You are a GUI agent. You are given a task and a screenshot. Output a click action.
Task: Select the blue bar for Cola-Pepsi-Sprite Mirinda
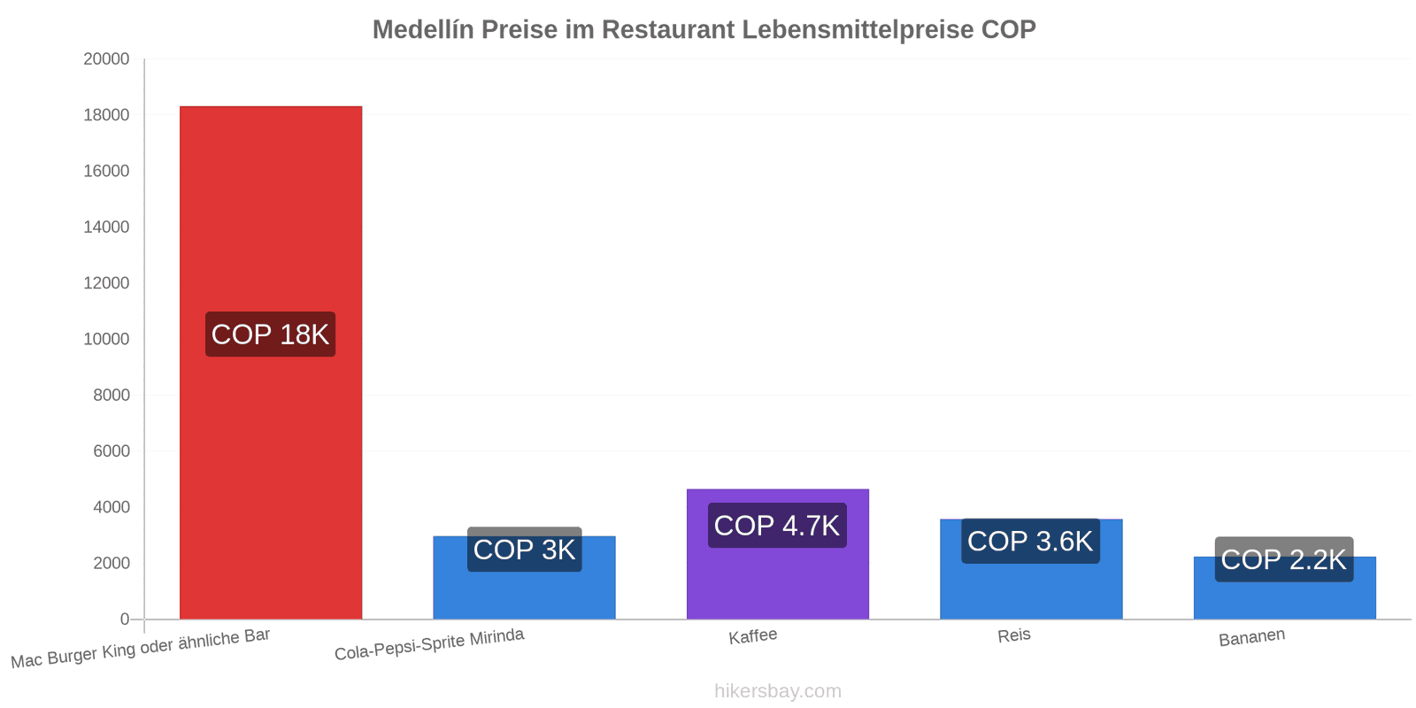(x=524, y=594)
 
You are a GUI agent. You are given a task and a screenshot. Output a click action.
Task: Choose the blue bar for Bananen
(x=1284, y=601)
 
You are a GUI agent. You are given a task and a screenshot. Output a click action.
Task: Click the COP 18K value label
(x=271, y=335)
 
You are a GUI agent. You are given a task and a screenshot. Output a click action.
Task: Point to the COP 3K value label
(x=525, y=550)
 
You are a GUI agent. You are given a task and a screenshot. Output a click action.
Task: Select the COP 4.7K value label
(x=777, y=526)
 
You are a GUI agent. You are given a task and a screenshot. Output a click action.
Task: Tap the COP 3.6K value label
(x=1030, y=541)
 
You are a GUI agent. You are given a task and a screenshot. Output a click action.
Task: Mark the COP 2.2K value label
(x=1284, y=559)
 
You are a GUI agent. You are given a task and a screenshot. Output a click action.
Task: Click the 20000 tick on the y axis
(x=106, y=58)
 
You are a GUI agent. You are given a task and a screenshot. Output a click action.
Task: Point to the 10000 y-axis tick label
(x=106, y=339)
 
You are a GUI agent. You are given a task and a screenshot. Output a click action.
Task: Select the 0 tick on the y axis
(x=125, y=619)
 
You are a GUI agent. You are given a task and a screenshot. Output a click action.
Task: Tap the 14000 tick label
(x=106, y=227)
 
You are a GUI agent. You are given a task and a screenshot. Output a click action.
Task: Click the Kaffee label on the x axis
(x=753, y=636)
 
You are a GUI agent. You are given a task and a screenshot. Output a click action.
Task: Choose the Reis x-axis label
(x=1014, y=635)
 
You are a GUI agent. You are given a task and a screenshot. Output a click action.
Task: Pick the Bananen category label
(x=1251, y=637)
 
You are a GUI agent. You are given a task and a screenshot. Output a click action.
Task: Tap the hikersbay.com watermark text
(x=778, y=691)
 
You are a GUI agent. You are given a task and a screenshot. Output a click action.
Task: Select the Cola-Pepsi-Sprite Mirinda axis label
(x=429, y=644)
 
